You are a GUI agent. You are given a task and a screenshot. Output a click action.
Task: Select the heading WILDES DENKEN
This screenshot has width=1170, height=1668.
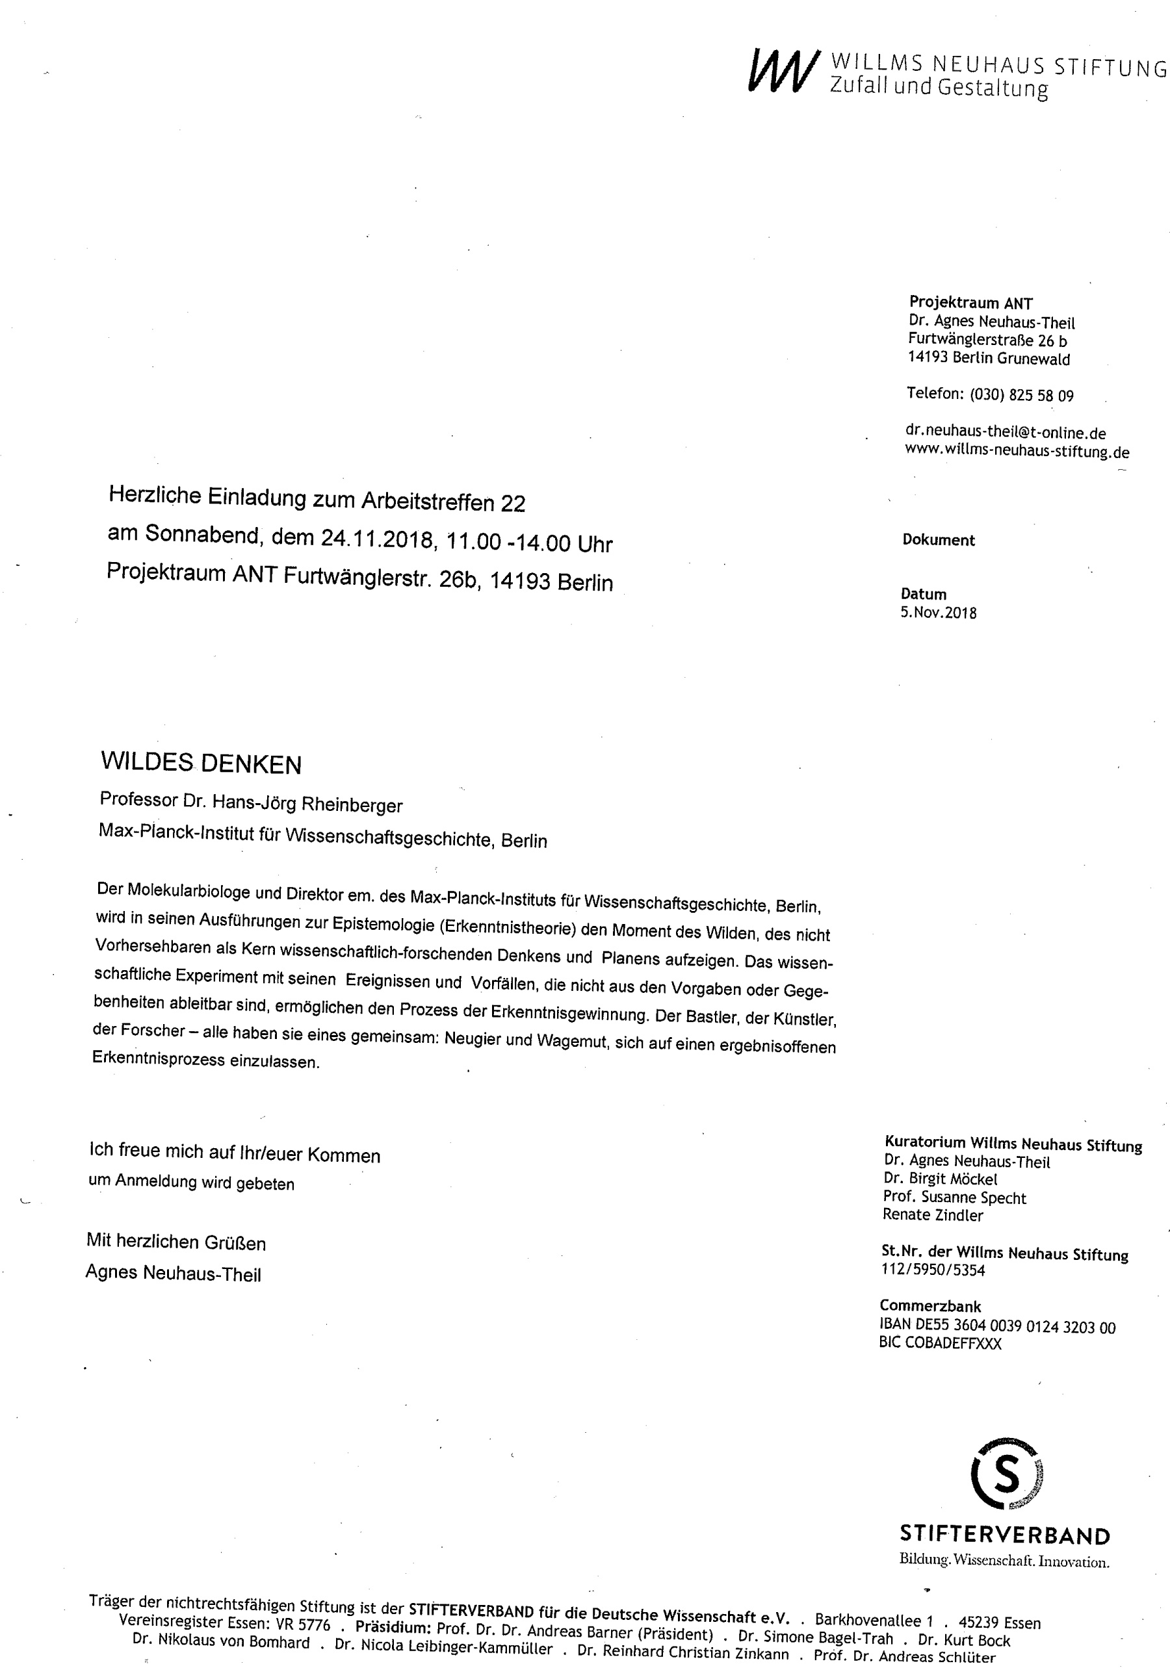[x=201, y=763]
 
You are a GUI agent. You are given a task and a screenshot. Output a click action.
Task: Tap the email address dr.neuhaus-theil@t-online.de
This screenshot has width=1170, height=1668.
[x=1005, y=431]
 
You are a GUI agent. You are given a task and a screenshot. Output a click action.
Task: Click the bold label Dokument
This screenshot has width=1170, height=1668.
[x=938, y=540]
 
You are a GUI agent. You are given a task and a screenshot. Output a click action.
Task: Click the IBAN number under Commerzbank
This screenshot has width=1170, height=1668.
[x=996, y=1327]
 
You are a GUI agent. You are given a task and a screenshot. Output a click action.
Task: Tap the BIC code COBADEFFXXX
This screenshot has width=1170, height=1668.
[x=940, y=1343]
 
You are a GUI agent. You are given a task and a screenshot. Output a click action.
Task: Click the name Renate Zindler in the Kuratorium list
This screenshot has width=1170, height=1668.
[x=932, y=1214]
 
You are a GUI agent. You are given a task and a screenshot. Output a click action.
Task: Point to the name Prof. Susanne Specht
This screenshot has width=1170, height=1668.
[x=954, y=1198]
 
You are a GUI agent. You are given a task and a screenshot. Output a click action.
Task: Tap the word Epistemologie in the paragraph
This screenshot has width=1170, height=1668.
[x=382, y=924]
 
